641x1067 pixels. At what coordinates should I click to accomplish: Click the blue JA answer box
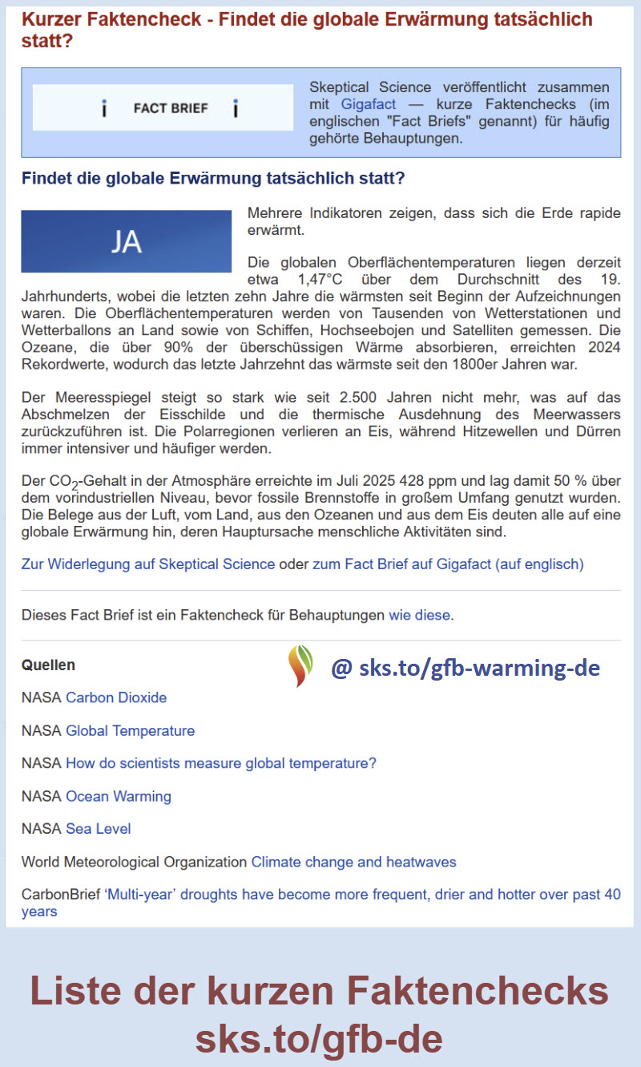click(126, 241)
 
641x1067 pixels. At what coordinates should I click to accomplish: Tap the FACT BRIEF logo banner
click(163, 108)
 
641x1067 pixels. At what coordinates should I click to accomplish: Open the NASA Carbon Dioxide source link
click(116, 697)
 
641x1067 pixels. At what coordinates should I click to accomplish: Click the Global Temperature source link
click(130, 730)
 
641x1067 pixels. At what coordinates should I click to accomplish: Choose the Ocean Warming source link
click(119, 796)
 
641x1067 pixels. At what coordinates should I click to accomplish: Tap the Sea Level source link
click(98, 828)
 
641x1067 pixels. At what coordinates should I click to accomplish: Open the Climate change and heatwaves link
click(353, 862)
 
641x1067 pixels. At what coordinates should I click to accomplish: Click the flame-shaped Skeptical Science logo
click(300, 665)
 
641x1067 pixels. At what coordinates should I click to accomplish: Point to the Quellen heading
click(48, 665)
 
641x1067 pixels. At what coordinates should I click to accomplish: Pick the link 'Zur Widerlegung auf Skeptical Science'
click(148, 564)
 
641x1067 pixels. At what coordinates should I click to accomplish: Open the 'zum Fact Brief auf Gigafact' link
click(448, 564)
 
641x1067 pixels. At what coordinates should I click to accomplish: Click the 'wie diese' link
click(420, 616)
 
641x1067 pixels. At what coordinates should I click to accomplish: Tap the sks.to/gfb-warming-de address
click(465, 666)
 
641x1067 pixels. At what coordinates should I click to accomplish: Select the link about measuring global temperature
click(221, 763)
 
